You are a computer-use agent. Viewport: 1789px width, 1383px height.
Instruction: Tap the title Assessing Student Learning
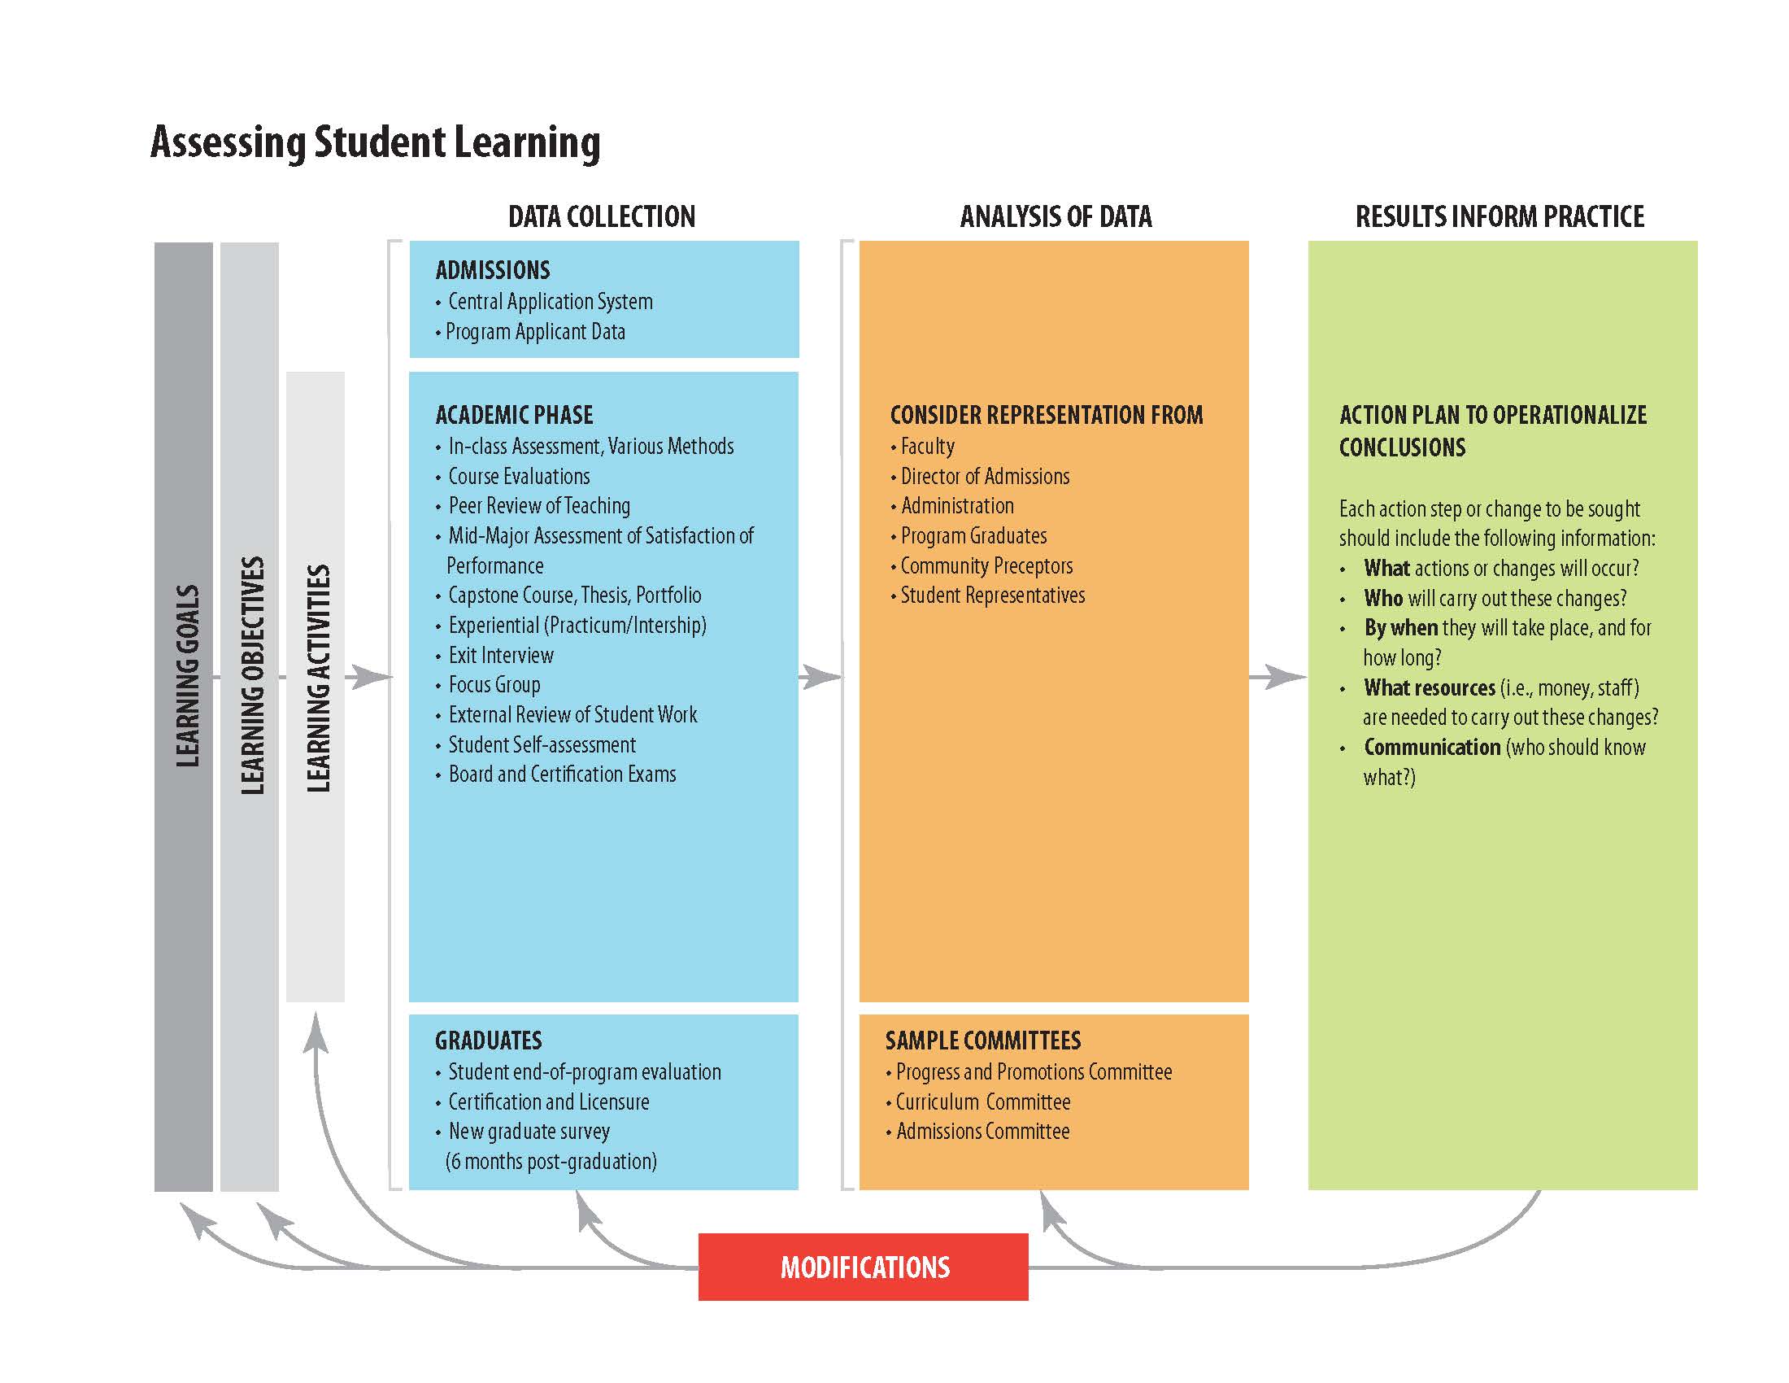[x=375, y=142]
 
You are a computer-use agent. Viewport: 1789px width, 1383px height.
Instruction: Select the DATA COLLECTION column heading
[x=601, y=216]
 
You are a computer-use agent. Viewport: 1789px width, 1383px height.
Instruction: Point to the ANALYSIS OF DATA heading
[x=1055, y=216]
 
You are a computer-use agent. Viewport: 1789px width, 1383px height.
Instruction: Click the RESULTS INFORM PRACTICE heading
[x=1499, y=216]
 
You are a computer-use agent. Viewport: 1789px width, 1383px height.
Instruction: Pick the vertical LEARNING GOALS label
[x=188, y=676]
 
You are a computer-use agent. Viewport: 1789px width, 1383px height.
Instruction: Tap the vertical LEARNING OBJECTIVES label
[x=252, y=676]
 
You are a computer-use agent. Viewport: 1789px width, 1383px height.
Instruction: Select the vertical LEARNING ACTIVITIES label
[x=318, y=678]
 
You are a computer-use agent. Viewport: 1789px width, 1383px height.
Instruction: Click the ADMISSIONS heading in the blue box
[x=492, y=270]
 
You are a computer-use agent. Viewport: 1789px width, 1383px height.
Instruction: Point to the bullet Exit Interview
[x=500, y=656]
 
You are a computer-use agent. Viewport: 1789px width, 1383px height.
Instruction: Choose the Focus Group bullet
[x=494, y=685]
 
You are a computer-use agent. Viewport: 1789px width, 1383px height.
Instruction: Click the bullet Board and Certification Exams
[x=562, y=774]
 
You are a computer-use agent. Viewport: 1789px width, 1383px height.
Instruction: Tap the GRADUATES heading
[x=488, y=1041]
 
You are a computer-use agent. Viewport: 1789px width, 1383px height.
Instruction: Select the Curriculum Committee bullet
[x=982, y=1102]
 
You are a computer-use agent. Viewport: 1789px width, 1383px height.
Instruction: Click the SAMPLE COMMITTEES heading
[x=982, y=1041]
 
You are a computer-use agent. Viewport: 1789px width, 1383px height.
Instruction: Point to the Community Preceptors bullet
[x=986, y=566]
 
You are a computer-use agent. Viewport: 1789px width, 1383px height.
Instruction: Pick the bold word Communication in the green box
[x=1432, y=747]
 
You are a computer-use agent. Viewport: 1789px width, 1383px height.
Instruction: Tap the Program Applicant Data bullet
[x=535, y=332]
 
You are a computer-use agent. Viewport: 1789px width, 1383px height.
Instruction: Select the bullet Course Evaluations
[x=519, y=476]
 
